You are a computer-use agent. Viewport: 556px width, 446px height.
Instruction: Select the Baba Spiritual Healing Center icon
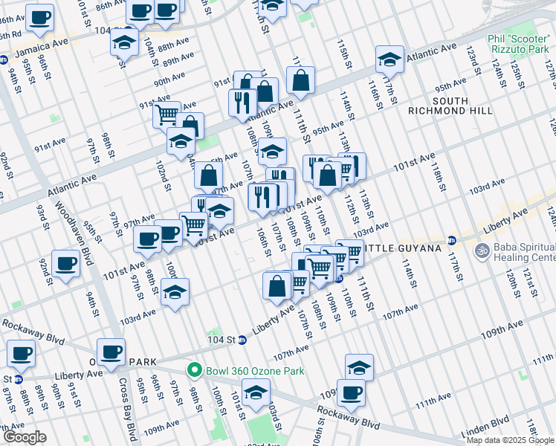point(480,251)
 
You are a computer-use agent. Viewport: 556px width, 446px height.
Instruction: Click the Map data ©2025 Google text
point(510,440)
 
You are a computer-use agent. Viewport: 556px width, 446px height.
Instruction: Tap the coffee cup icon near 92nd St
point(66,264)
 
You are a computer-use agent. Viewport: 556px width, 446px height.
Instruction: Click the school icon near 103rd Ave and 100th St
point(175,292)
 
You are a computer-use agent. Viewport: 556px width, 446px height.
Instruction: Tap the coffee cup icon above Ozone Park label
point(111,352)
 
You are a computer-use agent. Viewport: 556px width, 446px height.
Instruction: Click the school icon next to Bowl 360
point(256,391)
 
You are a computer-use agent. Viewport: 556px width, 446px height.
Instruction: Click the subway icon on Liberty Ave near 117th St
point(451,240)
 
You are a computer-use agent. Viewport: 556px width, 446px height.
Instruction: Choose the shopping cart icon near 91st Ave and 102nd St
point(167,114)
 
